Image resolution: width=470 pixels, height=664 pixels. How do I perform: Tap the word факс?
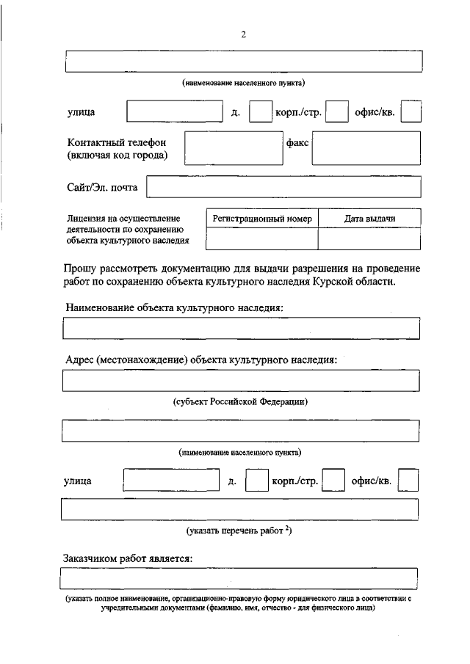pos(297,143)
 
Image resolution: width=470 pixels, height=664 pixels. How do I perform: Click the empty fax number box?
pos(366,149)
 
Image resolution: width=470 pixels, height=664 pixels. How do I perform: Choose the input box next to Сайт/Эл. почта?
pos(283,188)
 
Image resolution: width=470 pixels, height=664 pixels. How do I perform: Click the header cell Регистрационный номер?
pos(262,219)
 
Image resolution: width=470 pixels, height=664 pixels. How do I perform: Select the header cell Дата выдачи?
pos(370,219)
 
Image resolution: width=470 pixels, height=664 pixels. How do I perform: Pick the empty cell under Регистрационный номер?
pos(262,239)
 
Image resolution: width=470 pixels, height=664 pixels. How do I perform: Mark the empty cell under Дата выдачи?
pos(370,239)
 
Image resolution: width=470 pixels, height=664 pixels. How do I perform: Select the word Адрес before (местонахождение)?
pos(79,360)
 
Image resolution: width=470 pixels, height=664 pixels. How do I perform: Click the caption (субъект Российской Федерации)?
pos(240,401)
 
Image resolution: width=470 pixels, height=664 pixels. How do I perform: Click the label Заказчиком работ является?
pos(129,559)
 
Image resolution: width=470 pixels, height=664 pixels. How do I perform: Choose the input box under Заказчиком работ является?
pos(240,580)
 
